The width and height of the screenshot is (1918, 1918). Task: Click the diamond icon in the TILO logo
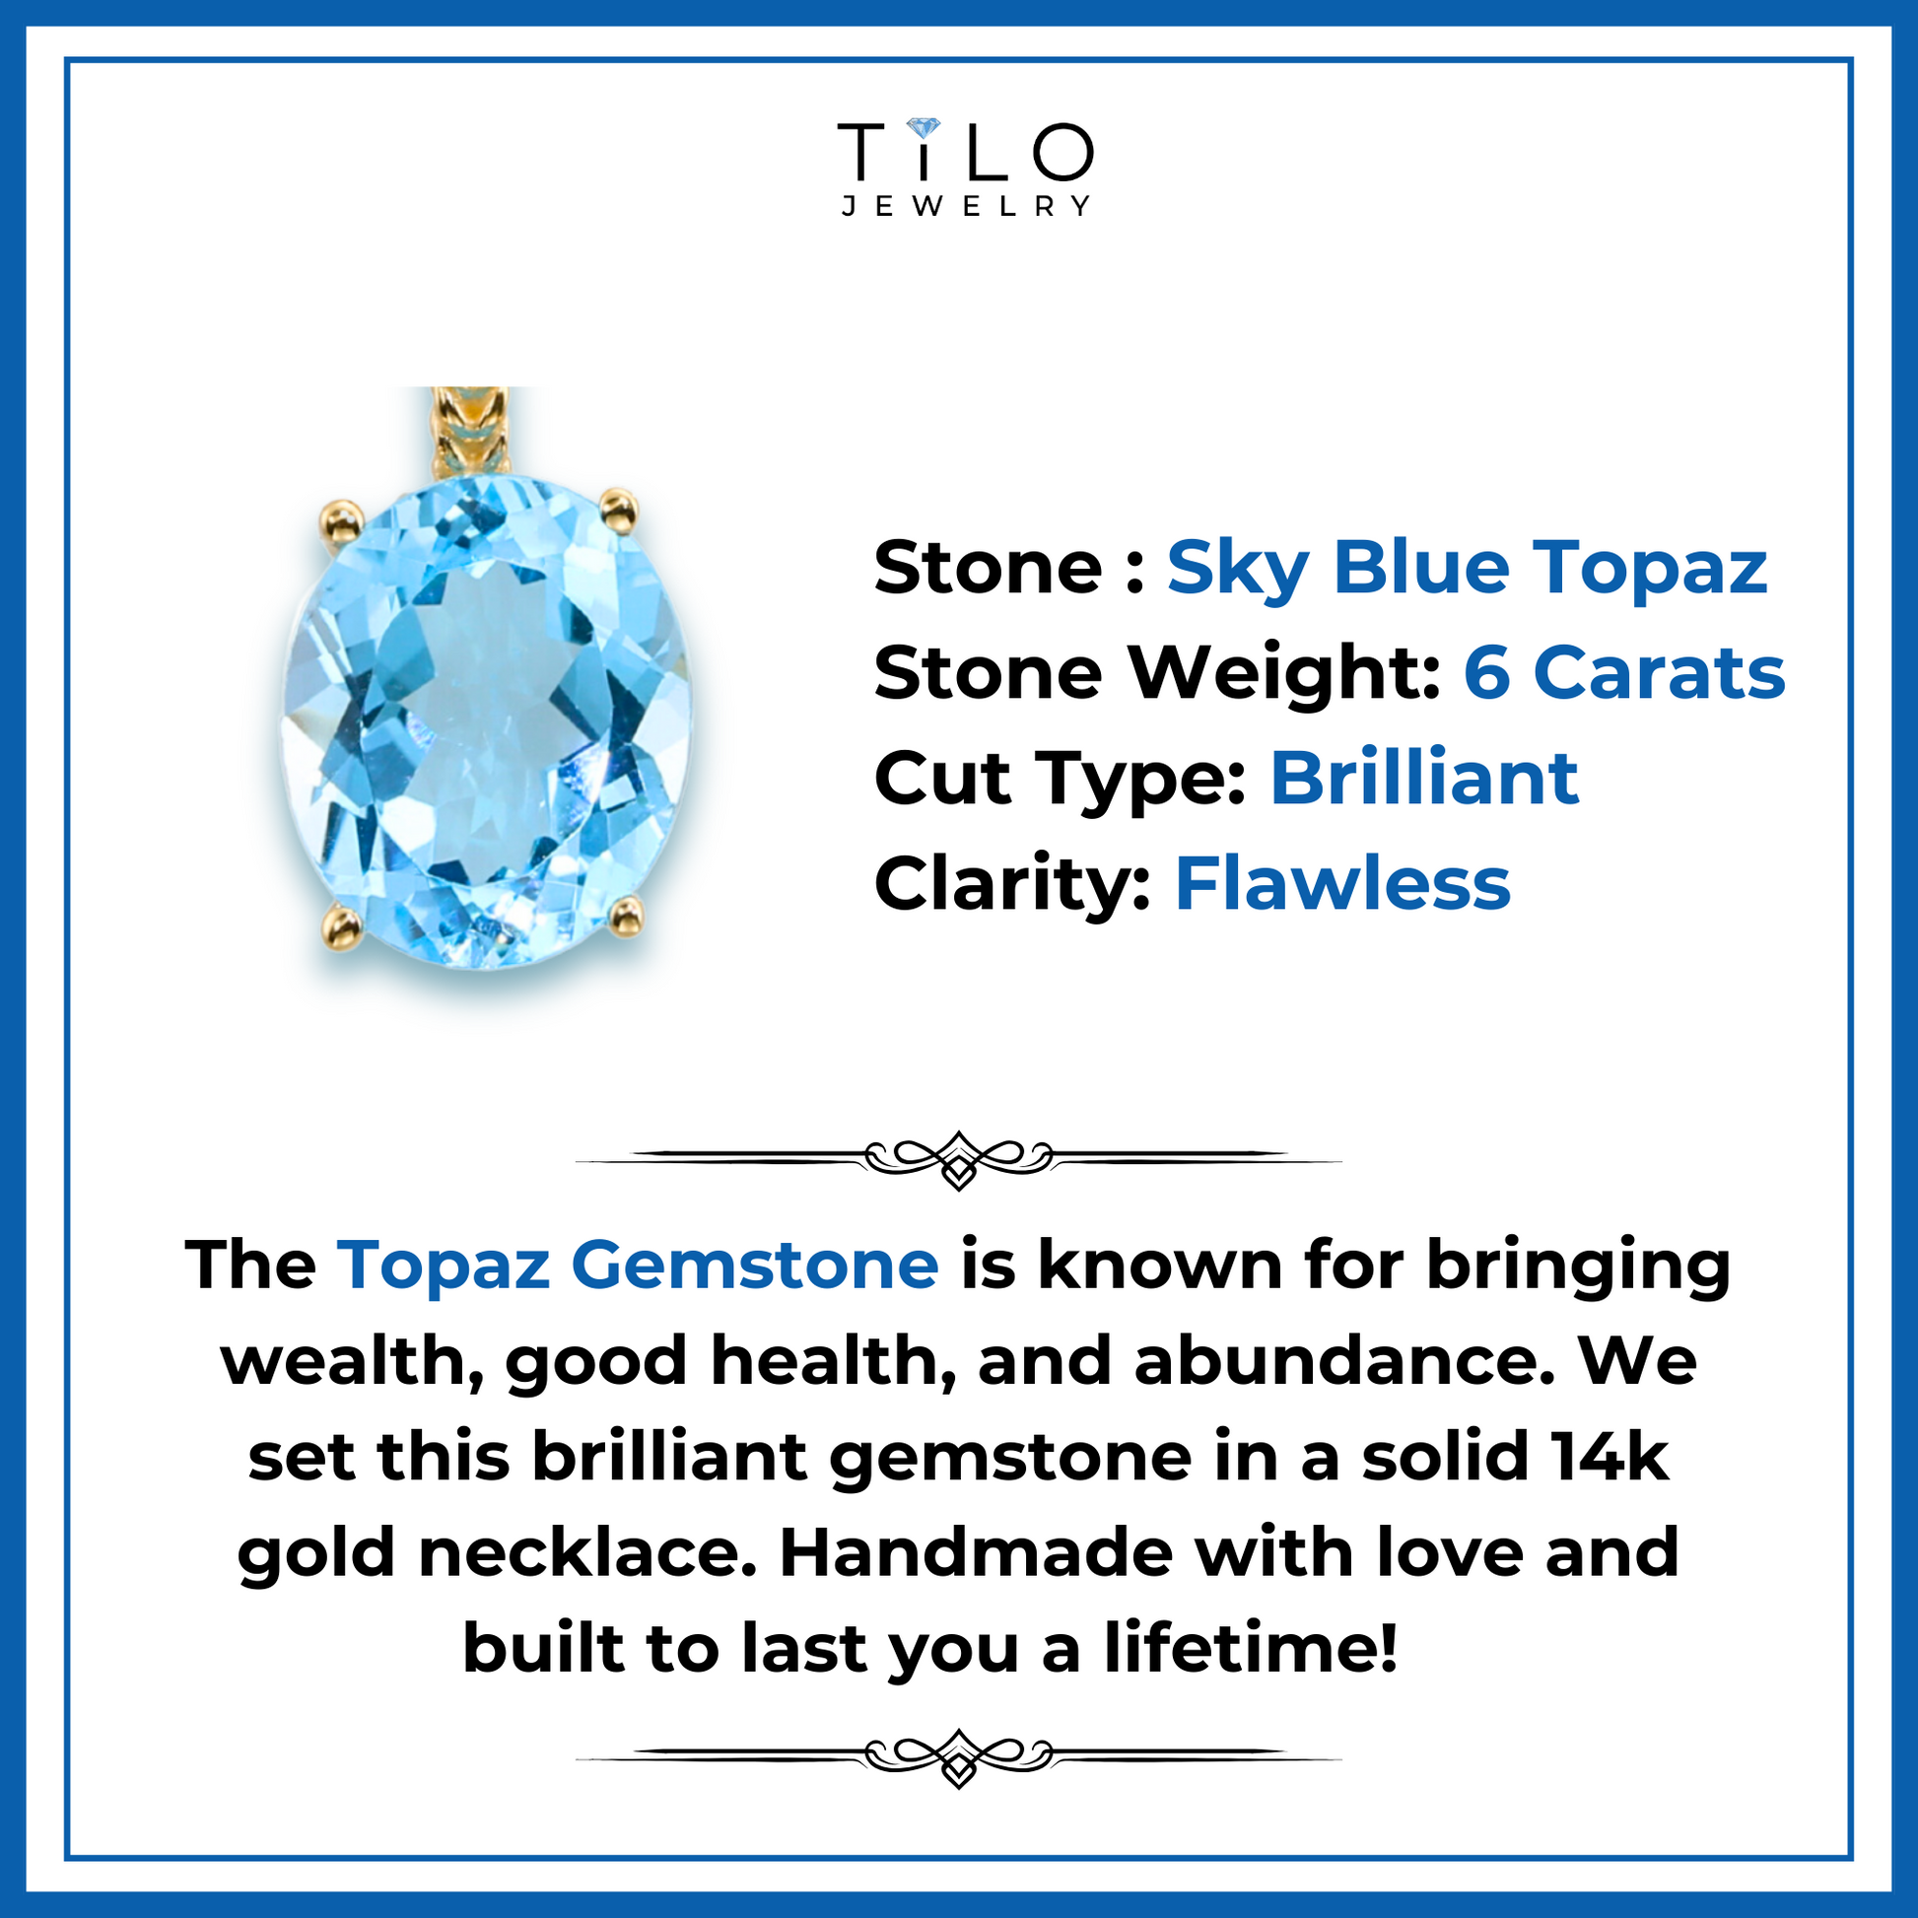pyautogui.click(x=924, y=129)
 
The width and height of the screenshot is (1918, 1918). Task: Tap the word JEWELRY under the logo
pyautogui.click(x=966, y=205)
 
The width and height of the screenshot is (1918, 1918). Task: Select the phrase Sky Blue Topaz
pyautogui.click(x=1467, y=570)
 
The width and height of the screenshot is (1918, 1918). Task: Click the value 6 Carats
pyautogui.click(x=1624, y=673)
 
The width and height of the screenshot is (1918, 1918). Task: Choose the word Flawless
pyautogui.click(x=1342, y=882)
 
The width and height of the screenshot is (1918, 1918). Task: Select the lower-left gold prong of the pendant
pyautogui.click(x=343, y=928)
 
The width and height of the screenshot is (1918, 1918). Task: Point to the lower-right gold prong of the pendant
pyautogui.click(x=627, y=916)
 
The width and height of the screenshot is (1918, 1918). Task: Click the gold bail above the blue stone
pyautogui.click(x=469, y=434)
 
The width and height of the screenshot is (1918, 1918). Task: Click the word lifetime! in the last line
pyautogui.click(x=1252, y=1648)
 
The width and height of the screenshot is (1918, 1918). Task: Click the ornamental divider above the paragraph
pyautogui.click(x=959, y=1158)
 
